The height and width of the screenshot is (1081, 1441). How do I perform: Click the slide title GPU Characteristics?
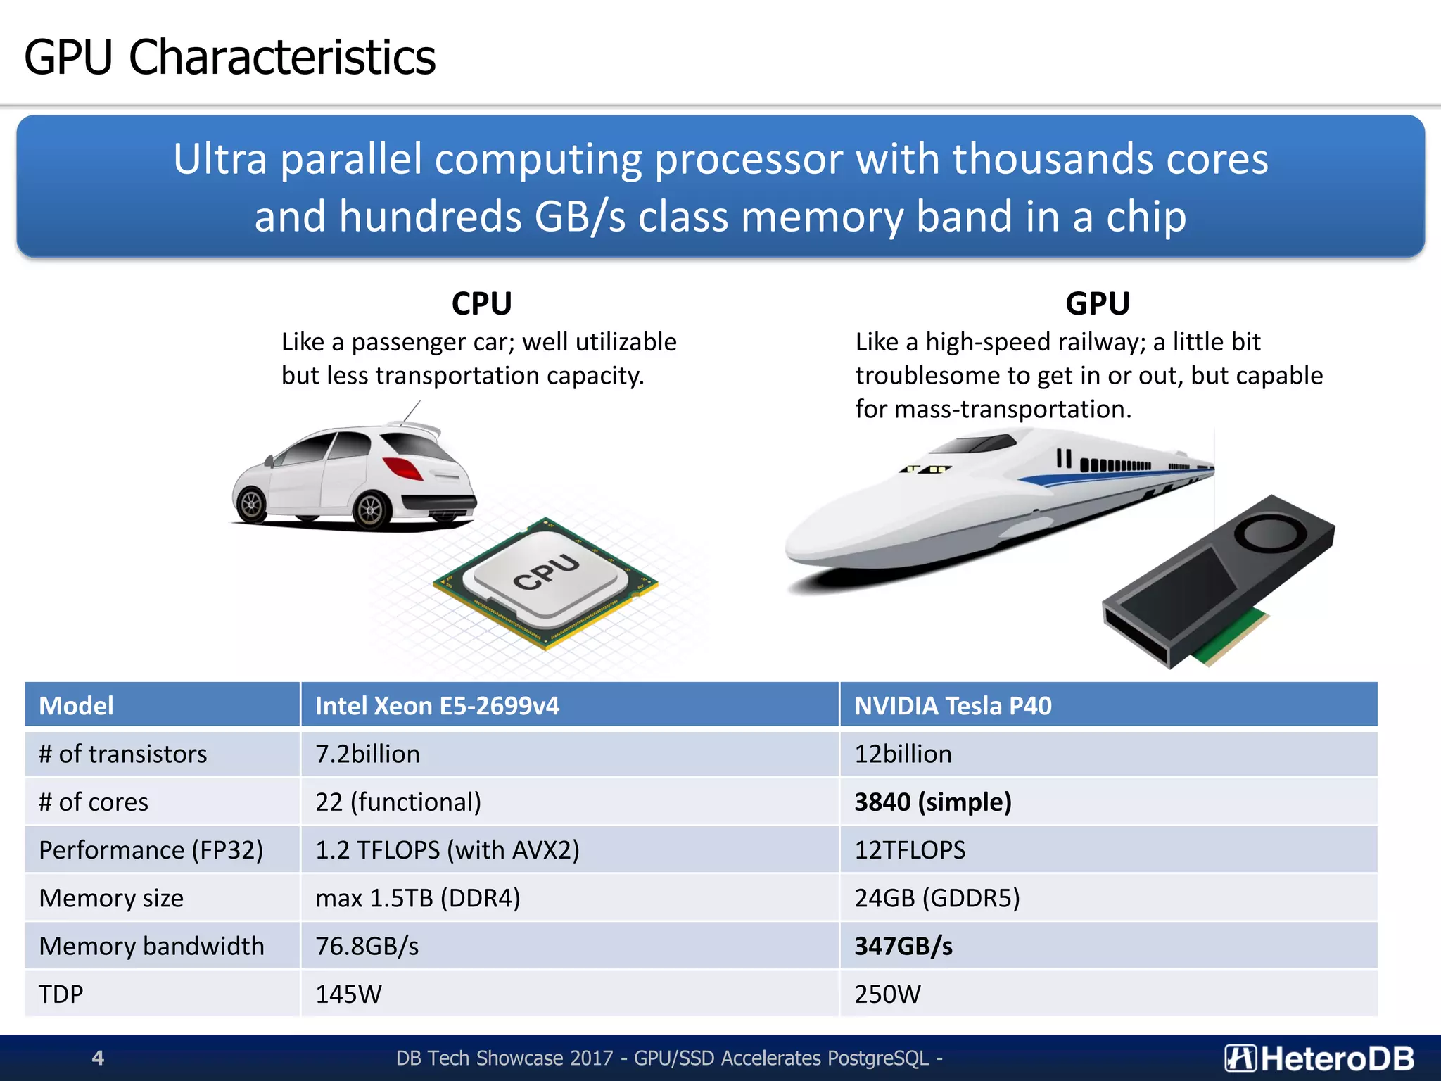pos(229,58)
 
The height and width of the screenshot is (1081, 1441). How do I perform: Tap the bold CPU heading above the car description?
pos(481,304)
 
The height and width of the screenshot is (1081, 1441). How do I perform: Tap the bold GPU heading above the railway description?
pos(1097,304)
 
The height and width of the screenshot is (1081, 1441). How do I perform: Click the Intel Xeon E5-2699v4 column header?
pos(437,705)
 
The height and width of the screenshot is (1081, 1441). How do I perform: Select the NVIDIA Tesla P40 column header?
pos(953,705)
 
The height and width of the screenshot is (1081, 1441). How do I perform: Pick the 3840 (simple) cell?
pos(932,802)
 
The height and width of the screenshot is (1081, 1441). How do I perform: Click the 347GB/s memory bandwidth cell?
pos(903,946)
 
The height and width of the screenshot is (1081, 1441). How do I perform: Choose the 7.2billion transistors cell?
pos(367,754)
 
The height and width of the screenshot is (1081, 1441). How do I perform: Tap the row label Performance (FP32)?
pos(151,850)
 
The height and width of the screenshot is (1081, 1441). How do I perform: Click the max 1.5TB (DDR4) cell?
pos(417,898)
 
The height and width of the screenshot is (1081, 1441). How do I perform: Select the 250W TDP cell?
pos(887,994)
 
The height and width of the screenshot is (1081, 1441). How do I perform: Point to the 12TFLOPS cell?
pos(910,850)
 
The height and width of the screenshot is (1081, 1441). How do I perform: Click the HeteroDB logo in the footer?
pos(1319,1058)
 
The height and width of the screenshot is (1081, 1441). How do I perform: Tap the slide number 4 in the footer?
pos(98,1058)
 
